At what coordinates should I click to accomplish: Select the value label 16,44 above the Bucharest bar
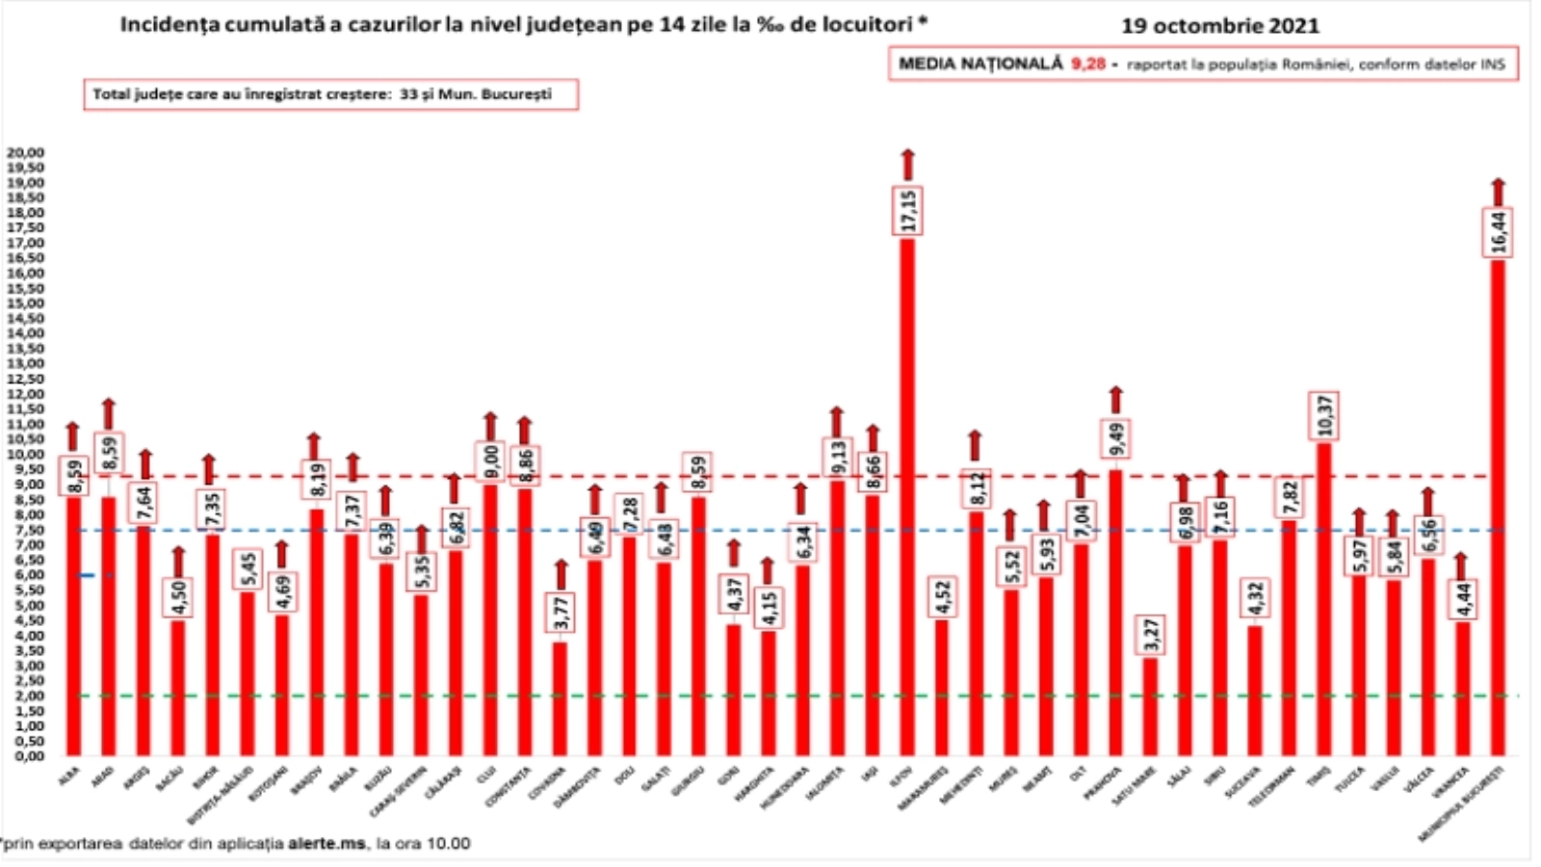(1498, 232)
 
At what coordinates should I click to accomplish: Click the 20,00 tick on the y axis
(26, 152)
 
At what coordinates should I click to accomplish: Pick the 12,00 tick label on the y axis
(26, 394)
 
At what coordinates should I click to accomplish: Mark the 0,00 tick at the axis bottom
(26, 756)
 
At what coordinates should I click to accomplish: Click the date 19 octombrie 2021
(1219, 26)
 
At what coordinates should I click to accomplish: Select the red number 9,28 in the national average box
(1088, 65)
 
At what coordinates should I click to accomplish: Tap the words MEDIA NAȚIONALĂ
(979, 65)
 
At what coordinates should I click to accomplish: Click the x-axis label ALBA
(69, 776)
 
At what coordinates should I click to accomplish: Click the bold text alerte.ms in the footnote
(326, 844)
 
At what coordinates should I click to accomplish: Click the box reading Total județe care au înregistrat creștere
(330, 94)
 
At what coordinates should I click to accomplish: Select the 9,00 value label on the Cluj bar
(489, 462)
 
